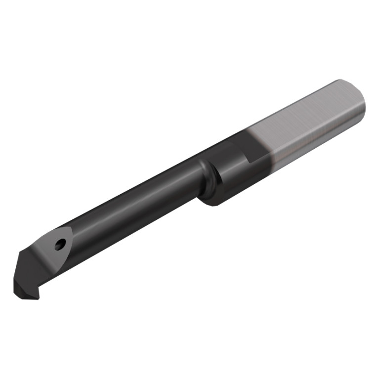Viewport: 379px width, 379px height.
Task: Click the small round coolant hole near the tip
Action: (x=60, y=244)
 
